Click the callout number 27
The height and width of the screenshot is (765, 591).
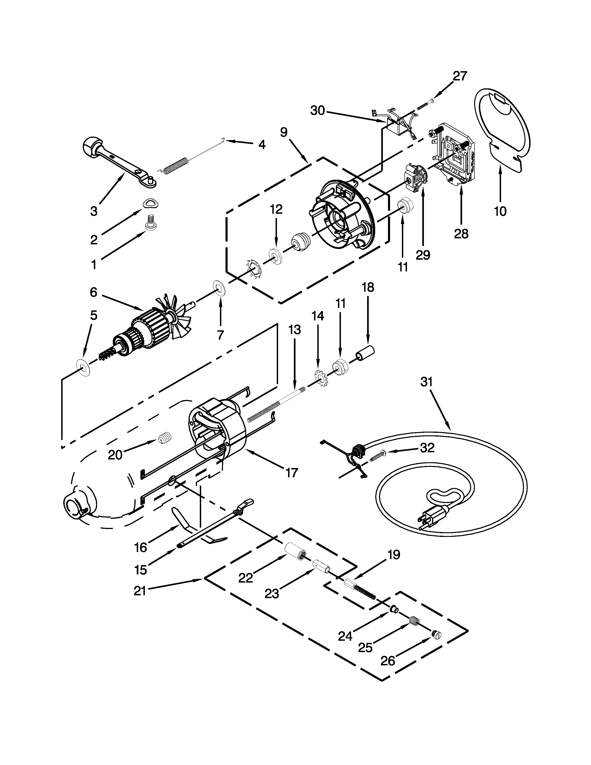[460, 76]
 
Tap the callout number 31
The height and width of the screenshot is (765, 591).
[426, 382]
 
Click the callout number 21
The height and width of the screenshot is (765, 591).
[140, 591]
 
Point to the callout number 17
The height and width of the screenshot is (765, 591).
[291, 473]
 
